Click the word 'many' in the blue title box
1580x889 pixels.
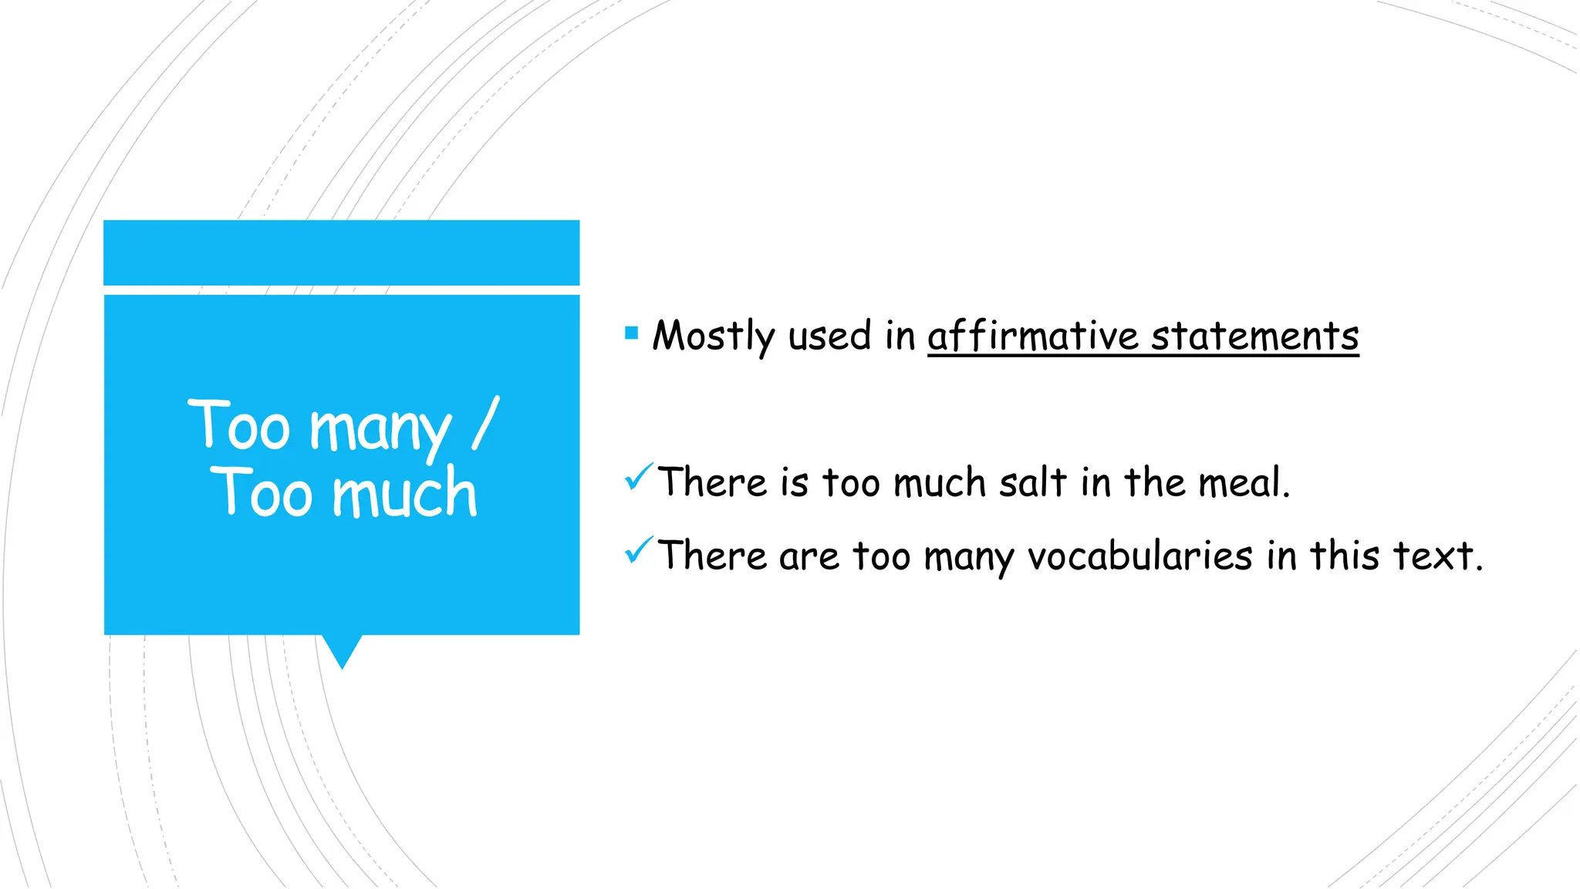point(380,429)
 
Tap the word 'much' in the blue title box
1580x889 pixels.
point(405,494)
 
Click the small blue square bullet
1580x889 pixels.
point(632,333)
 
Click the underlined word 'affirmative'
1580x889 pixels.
point(1033,336)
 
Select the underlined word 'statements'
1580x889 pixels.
point(1255,336)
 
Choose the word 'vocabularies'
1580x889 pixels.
point(1140,556)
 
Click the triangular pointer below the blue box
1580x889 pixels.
point(342,651)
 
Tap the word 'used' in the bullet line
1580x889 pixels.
point(829,336)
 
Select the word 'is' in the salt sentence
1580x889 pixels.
point(795,483)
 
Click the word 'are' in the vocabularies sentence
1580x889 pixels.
point(809,556)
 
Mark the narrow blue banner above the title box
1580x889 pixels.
point(342,252)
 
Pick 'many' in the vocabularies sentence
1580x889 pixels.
point(969,556)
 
